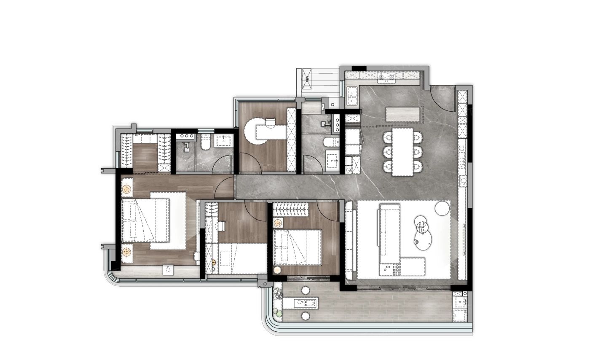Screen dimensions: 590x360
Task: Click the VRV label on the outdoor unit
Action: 307,78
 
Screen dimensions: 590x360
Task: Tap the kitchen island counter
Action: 403,114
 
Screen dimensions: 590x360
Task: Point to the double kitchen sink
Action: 352,96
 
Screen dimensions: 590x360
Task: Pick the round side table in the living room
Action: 442,208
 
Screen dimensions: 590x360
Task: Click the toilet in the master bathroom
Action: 205,142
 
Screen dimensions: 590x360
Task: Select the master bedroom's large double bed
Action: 146,220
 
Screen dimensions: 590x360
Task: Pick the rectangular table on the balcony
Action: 300,304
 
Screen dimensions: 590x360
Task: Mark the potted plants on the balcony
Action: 278,303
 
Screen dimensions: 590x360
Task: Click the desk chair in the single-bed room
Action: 221,226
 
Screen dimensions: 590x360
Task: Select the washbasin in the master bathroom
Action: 224,140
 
